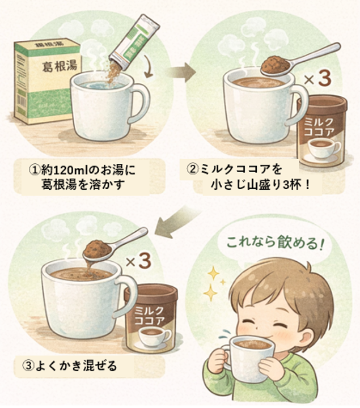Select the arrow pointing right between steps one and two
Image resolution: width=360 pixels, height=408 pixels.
tap(183, 71)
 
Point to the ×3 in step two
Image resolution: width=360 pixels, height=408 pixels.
tap(317, 79)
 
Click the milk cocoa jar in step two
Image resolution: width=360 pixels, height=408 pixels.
tap(321, 131)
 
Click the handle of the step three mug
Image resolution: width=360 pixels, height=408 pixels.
tap(128, 295)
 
